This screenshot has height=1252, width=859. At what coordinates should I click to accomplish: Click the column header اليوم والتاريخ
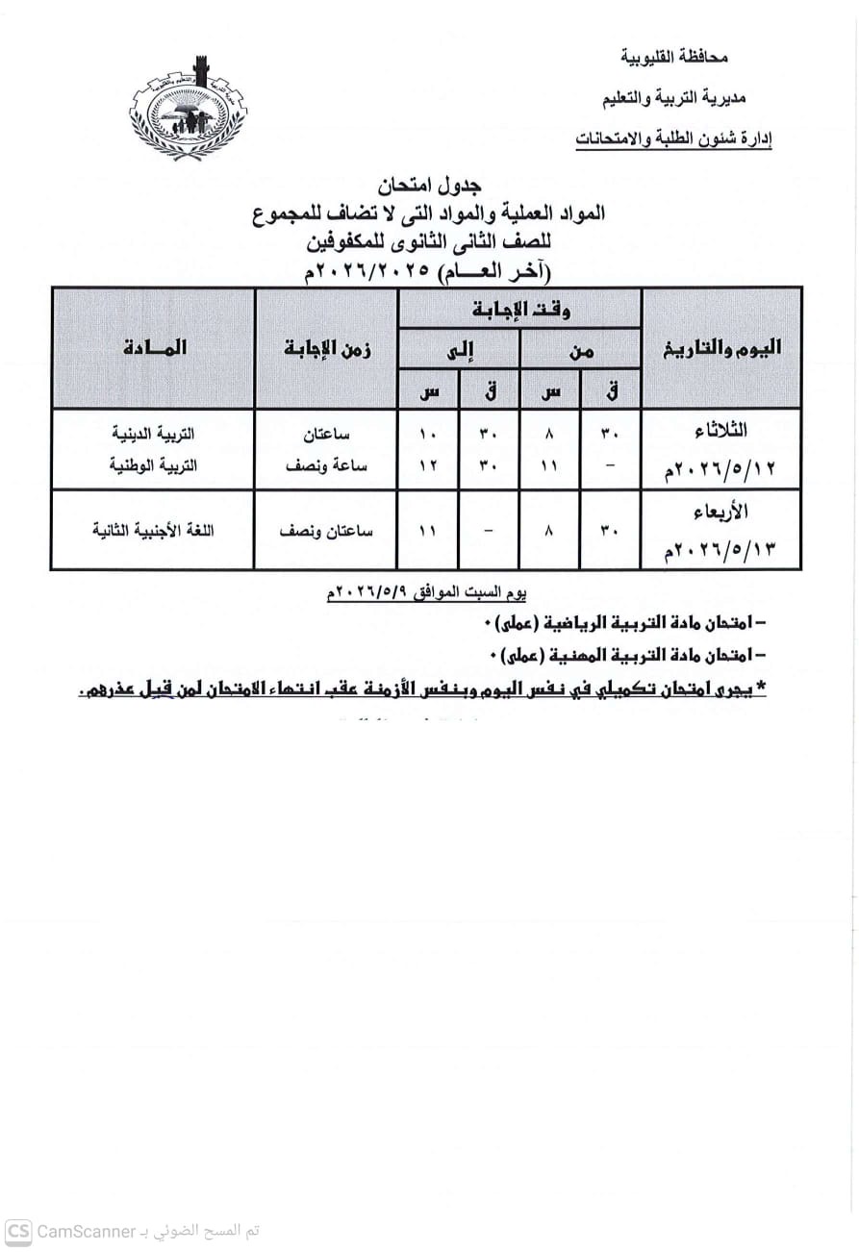click(721, 348)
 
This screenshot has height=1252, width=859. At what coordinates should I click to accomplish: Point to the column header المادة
click(154, 348)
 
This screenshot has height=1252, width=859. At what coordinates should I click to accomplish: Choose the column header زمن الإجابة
click(327, 348)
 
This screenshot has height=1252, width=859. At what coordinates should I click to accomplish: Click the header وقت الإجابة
click(520, 310)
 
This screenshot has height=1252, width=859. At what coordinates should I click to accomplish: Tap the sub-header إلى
click(460, 350)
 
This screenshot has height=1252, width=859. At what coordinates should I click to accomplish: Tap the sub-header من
click(581, 350)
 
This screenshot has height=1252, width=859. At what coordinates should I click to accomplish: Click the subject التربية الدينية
click(154, 435)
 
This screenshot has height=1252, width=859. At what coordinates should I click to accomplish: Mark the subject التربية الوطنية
click(154, 463)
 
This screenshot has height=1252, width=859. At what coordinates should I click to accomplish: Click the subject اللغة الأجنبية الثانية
click(154, 530)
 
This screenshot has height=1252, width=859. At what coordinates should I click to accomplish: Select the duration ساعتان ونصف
click(326, 530)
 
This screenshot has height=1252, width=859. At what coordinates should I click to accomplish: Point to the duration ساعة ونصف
click(326, 463)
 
